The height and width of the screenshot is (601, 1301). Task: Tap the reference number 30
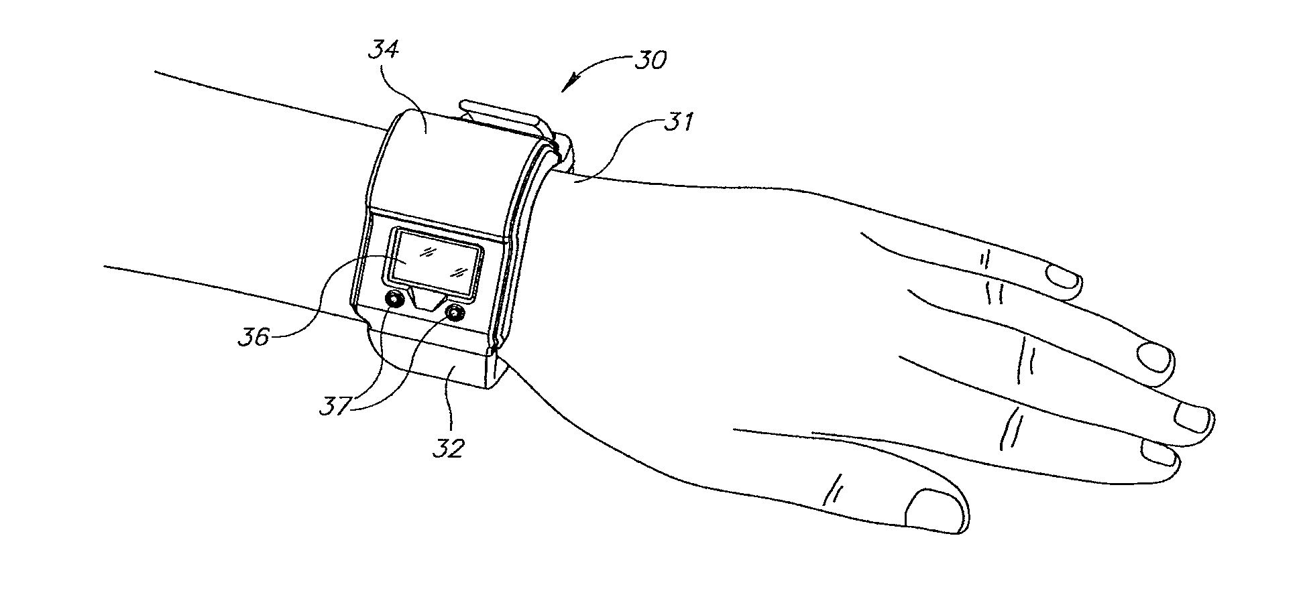tap(650, 61)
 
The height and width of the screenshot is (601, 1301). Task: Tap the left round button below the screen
tap(394, 300)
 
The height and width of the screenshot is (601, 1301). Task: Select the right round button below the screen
tap(455, 312)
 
